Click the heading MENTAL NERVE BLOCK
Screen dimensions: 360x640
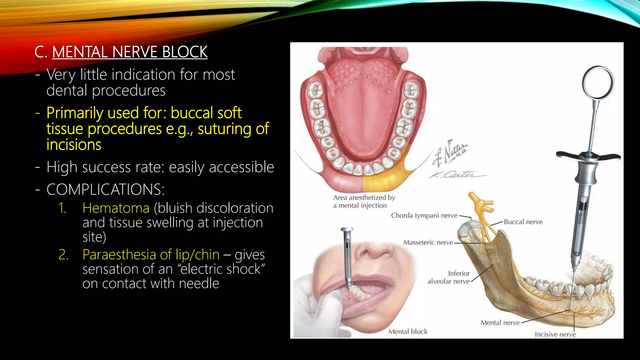(x=130, y=52)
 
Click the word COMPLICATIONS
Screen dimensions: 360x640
(x=105, y=189)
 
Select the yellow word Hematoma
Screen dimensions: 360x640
(x=116, y=208)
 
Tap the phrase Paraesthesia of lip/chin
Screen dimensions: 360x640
(x=151, y=255)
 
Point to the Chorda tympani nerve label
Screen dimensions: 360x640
(x=424, y=215)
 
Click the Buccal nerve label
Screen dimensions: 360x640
(x=523, y=222)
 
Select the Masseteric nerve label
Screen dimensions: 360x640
(x=428, y=242)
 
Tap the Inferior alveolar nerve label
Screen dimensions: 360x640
(x=449, y=277)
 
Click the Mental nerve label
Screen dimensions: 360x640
(x=500, y=322)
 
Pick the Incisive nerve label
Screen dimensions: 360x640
(x=555, y=334)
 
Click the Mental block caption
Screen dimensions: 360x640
(x=408, y=332)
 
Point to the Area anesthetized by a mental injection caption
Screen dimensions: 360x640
(x=364, y=202)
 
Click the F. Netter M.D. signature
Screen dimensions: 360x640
(x=450, y=153)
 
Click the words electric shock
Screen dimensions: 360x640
(x=223, y=269)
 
